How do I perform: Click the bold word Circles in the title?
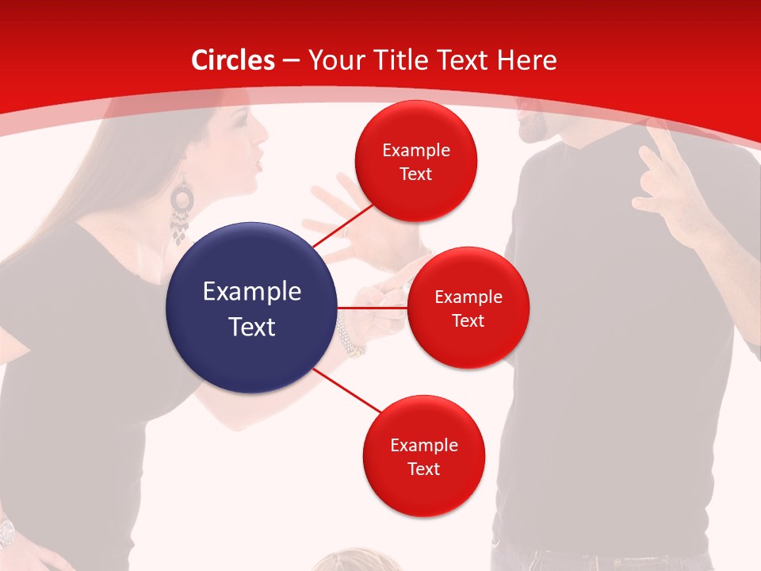click(x=233, y=60)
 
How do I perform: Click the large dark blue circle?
click(x=252, y=308)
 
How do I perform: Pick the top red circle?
click(x=415, y=161)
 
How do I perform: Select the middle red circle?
click(x=468, y=308)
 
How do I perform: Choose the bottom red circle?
click(x=423, y=456)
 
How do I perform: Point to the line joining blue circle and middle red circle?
click(x=373, y=307)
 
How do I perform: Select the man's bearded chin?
click(x=530, y=127)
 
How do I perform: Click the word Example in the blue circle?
click(x=252, y=292)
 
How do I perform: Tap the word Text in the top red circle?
click(x=415, y=174)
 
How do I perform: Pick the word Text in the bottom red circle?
click(x=423, y=469)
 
